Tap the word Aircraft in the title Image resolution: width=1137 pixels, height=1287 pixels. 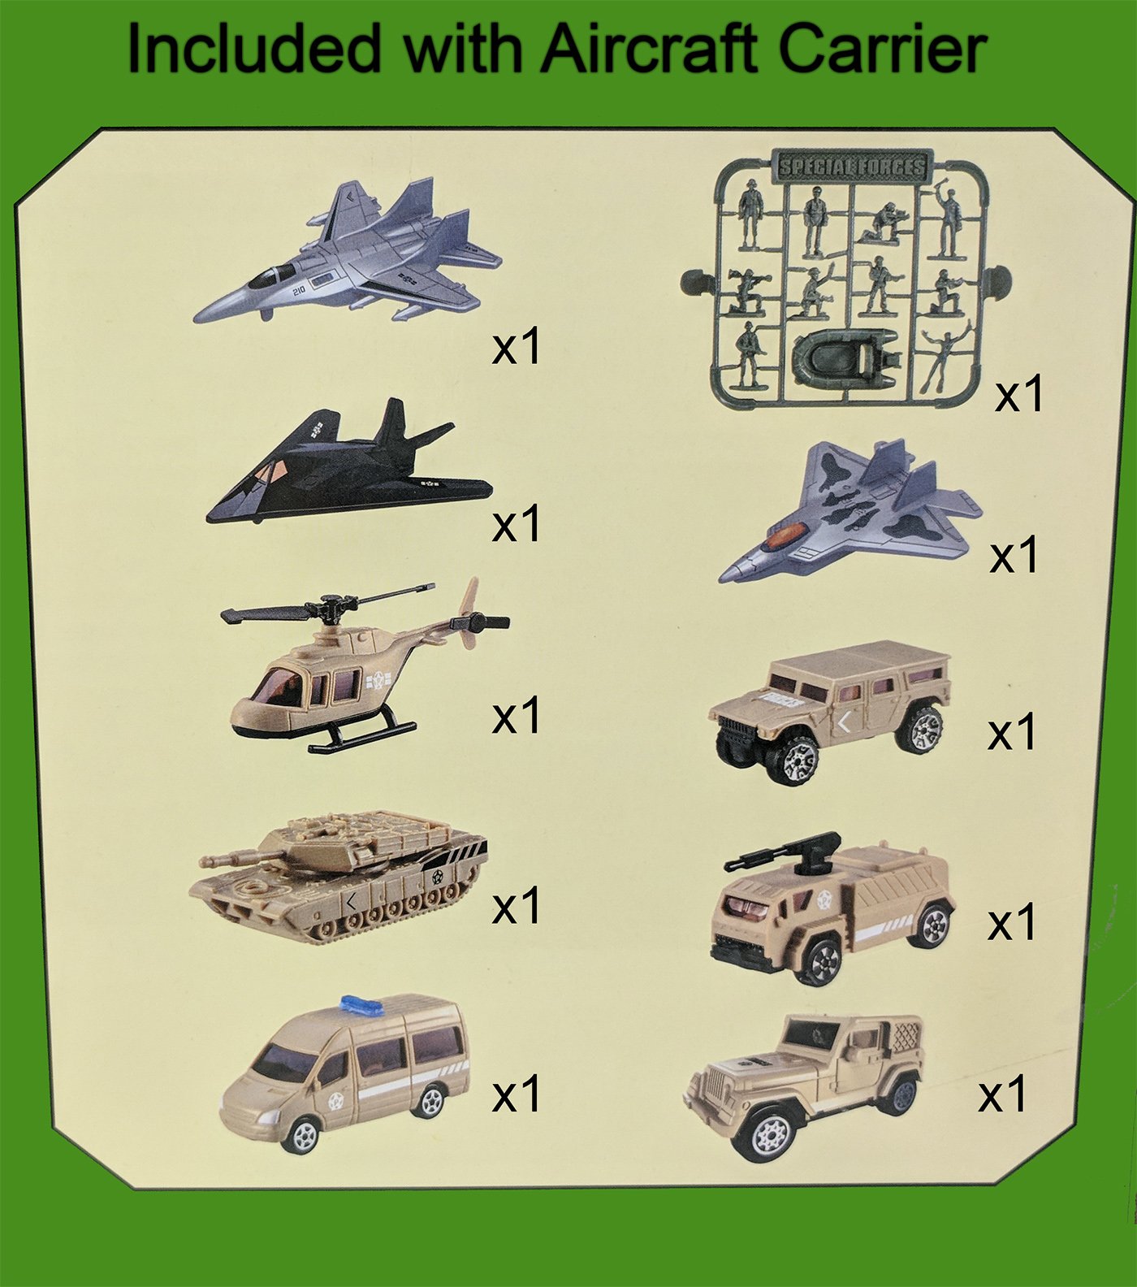650,50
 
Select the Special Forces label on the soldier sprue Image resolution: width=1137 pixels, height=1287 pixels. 851,167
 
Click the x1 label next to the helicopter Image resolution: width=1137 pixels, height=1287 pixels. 516,716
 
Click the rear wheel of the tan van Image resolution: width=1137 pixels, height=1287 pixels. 428,1100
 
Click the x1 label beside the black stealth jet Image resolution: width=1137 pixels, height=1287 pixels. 516,524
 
